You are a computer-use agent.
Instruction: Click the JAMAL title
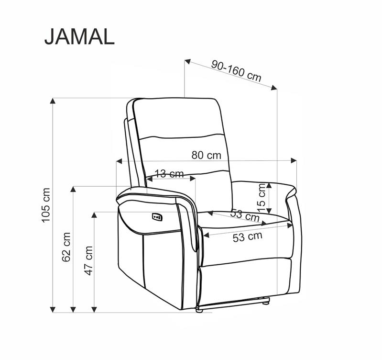pos(79,36)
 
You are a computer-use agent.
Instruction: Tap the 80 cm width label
pos(207,155)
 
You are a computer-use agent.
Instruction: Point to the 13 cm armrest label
pos(170,173)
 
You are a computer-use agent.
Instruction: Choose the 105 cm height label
pos(45,204)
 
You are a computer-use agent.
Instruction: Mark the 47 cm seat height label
pos(88,260)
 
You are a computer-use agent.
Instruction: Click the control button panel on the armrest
pos(157,217)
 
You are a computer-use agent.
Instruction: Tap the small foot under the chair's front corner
pos(199,310)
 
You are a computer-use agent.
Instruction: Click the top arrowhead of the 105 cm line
pos(53,101)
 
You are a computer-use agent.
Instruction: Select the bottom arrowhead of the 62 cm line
pos(73,309)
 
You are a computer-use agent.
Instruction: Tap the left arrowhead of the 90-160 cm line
pos(188,62)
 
